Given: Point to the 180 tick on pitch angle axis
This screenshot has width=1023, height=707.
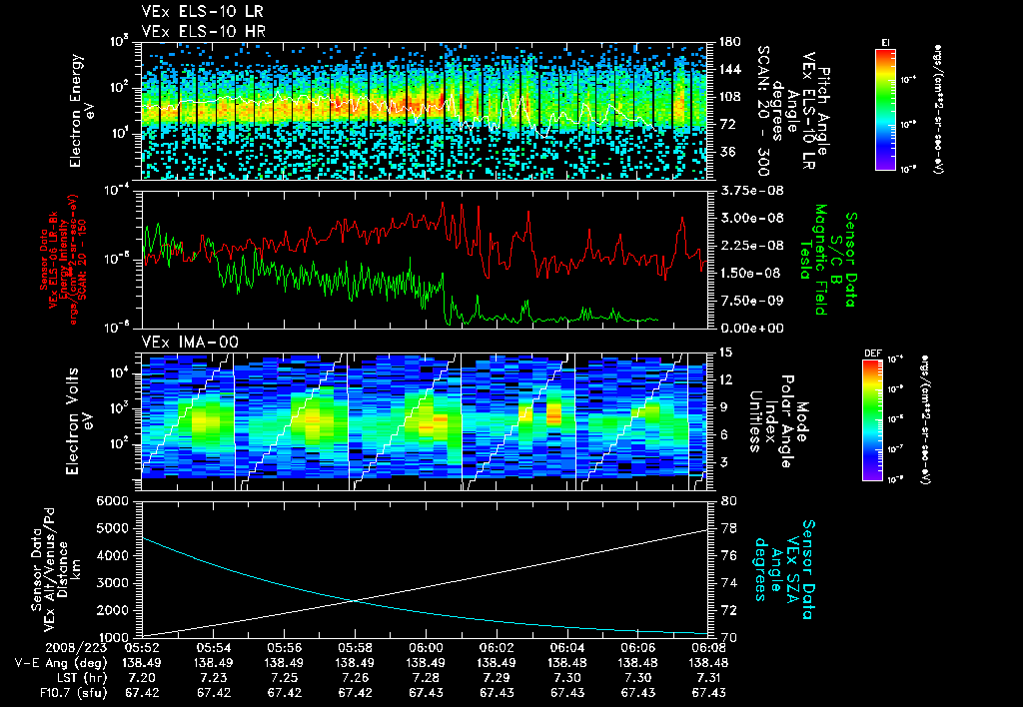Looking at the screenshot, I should tap(727, 42).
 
